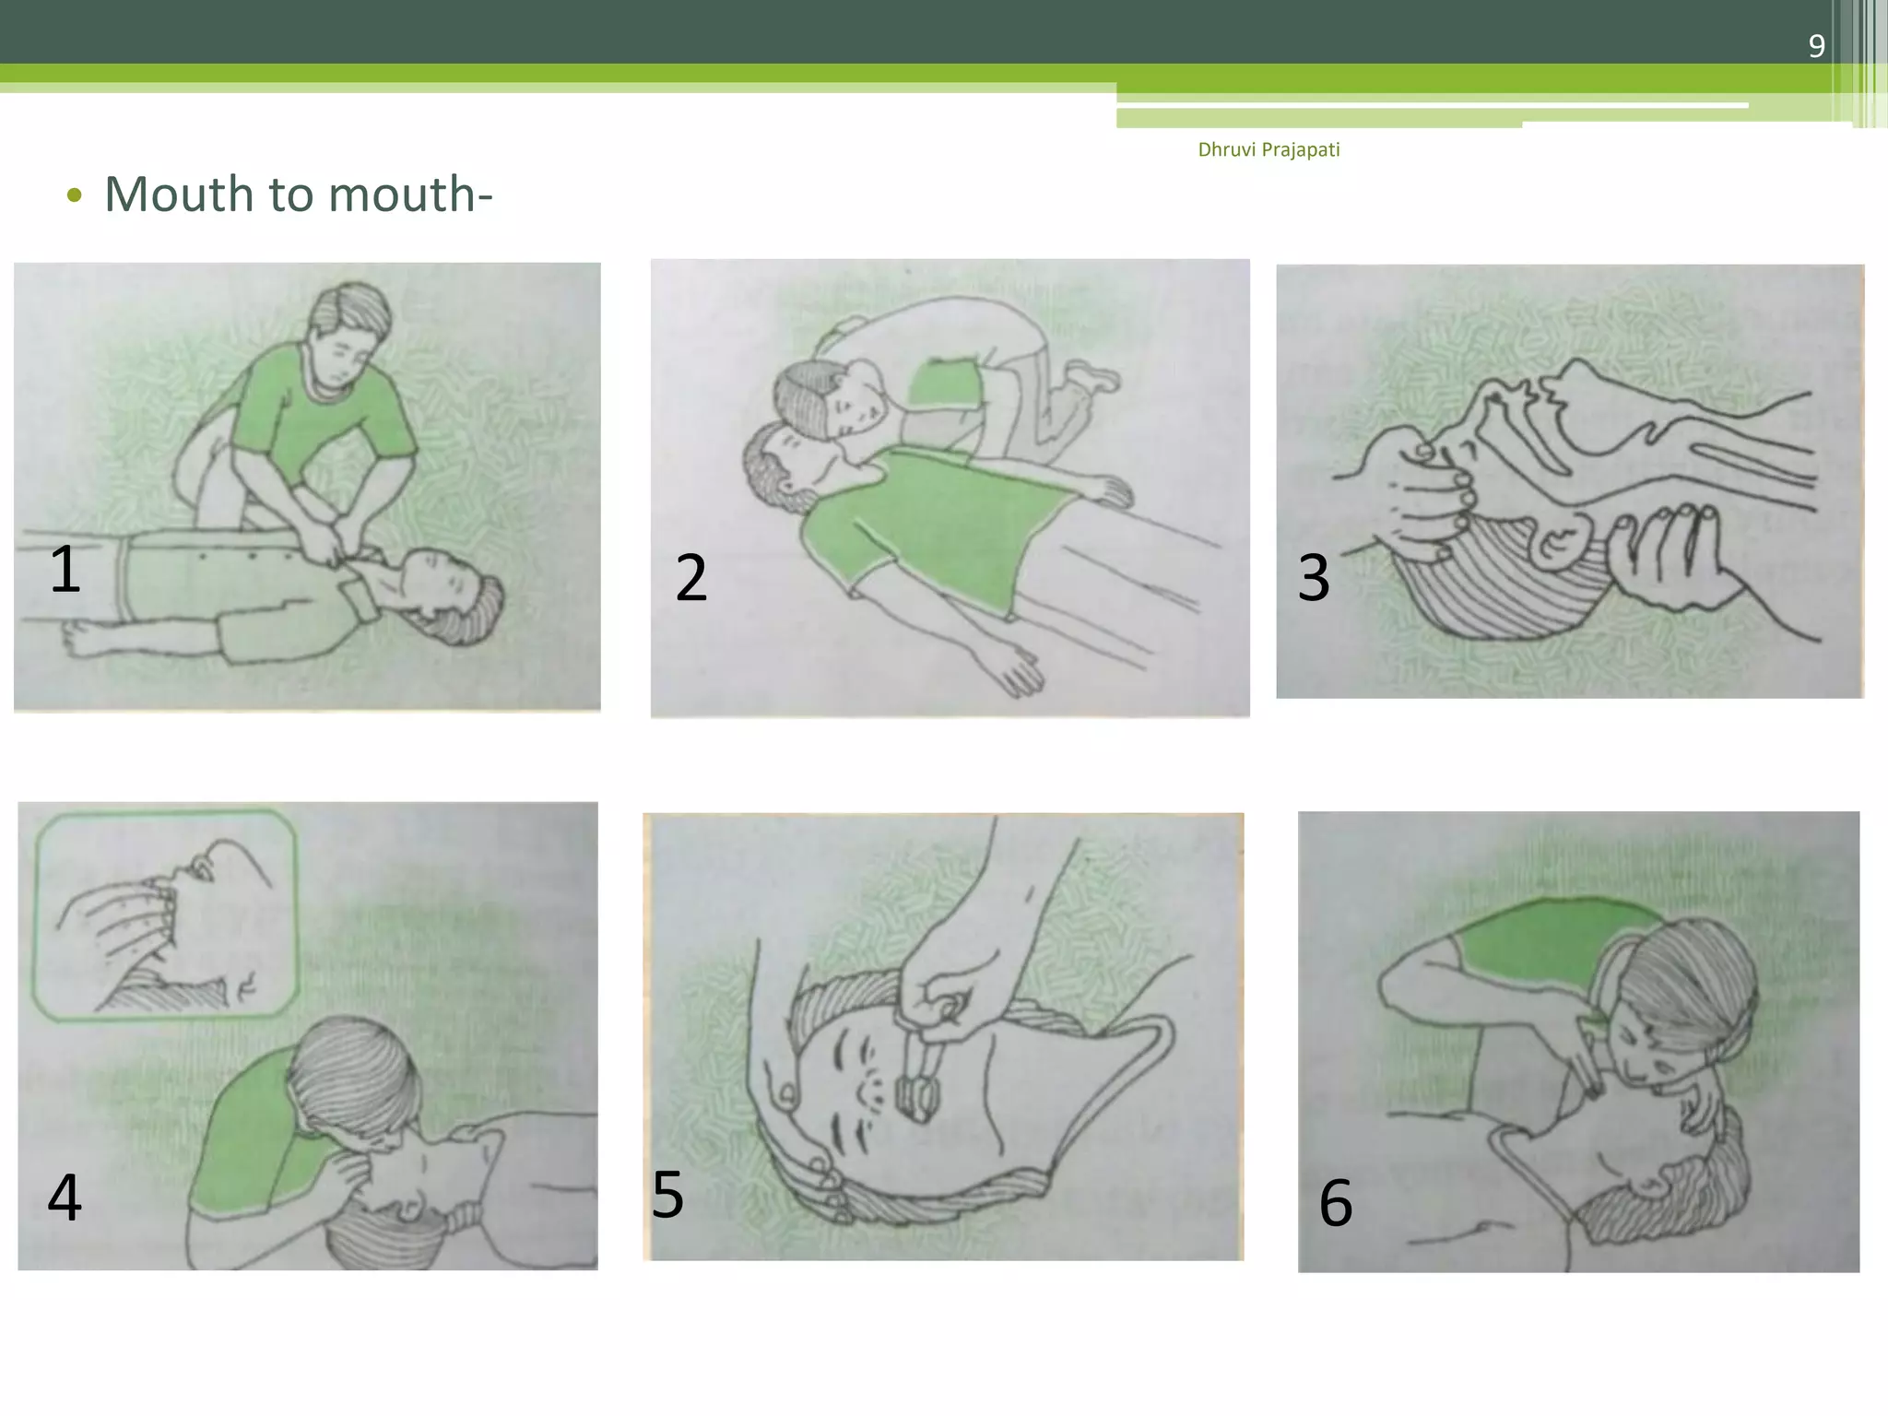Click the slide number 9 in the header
click(1816, 45)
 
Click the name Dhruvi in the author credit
click(1226, 149)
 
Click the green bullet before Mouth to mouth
click(75, 195)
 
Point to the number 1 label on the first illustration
click(65, 569)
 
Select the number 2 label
click(691, 578)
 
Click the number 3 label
click(1314, 578)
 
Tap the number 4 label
click(65, 1197)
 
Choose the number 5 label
click(667, 1195)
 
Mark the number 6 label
click(1336, 1203)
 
